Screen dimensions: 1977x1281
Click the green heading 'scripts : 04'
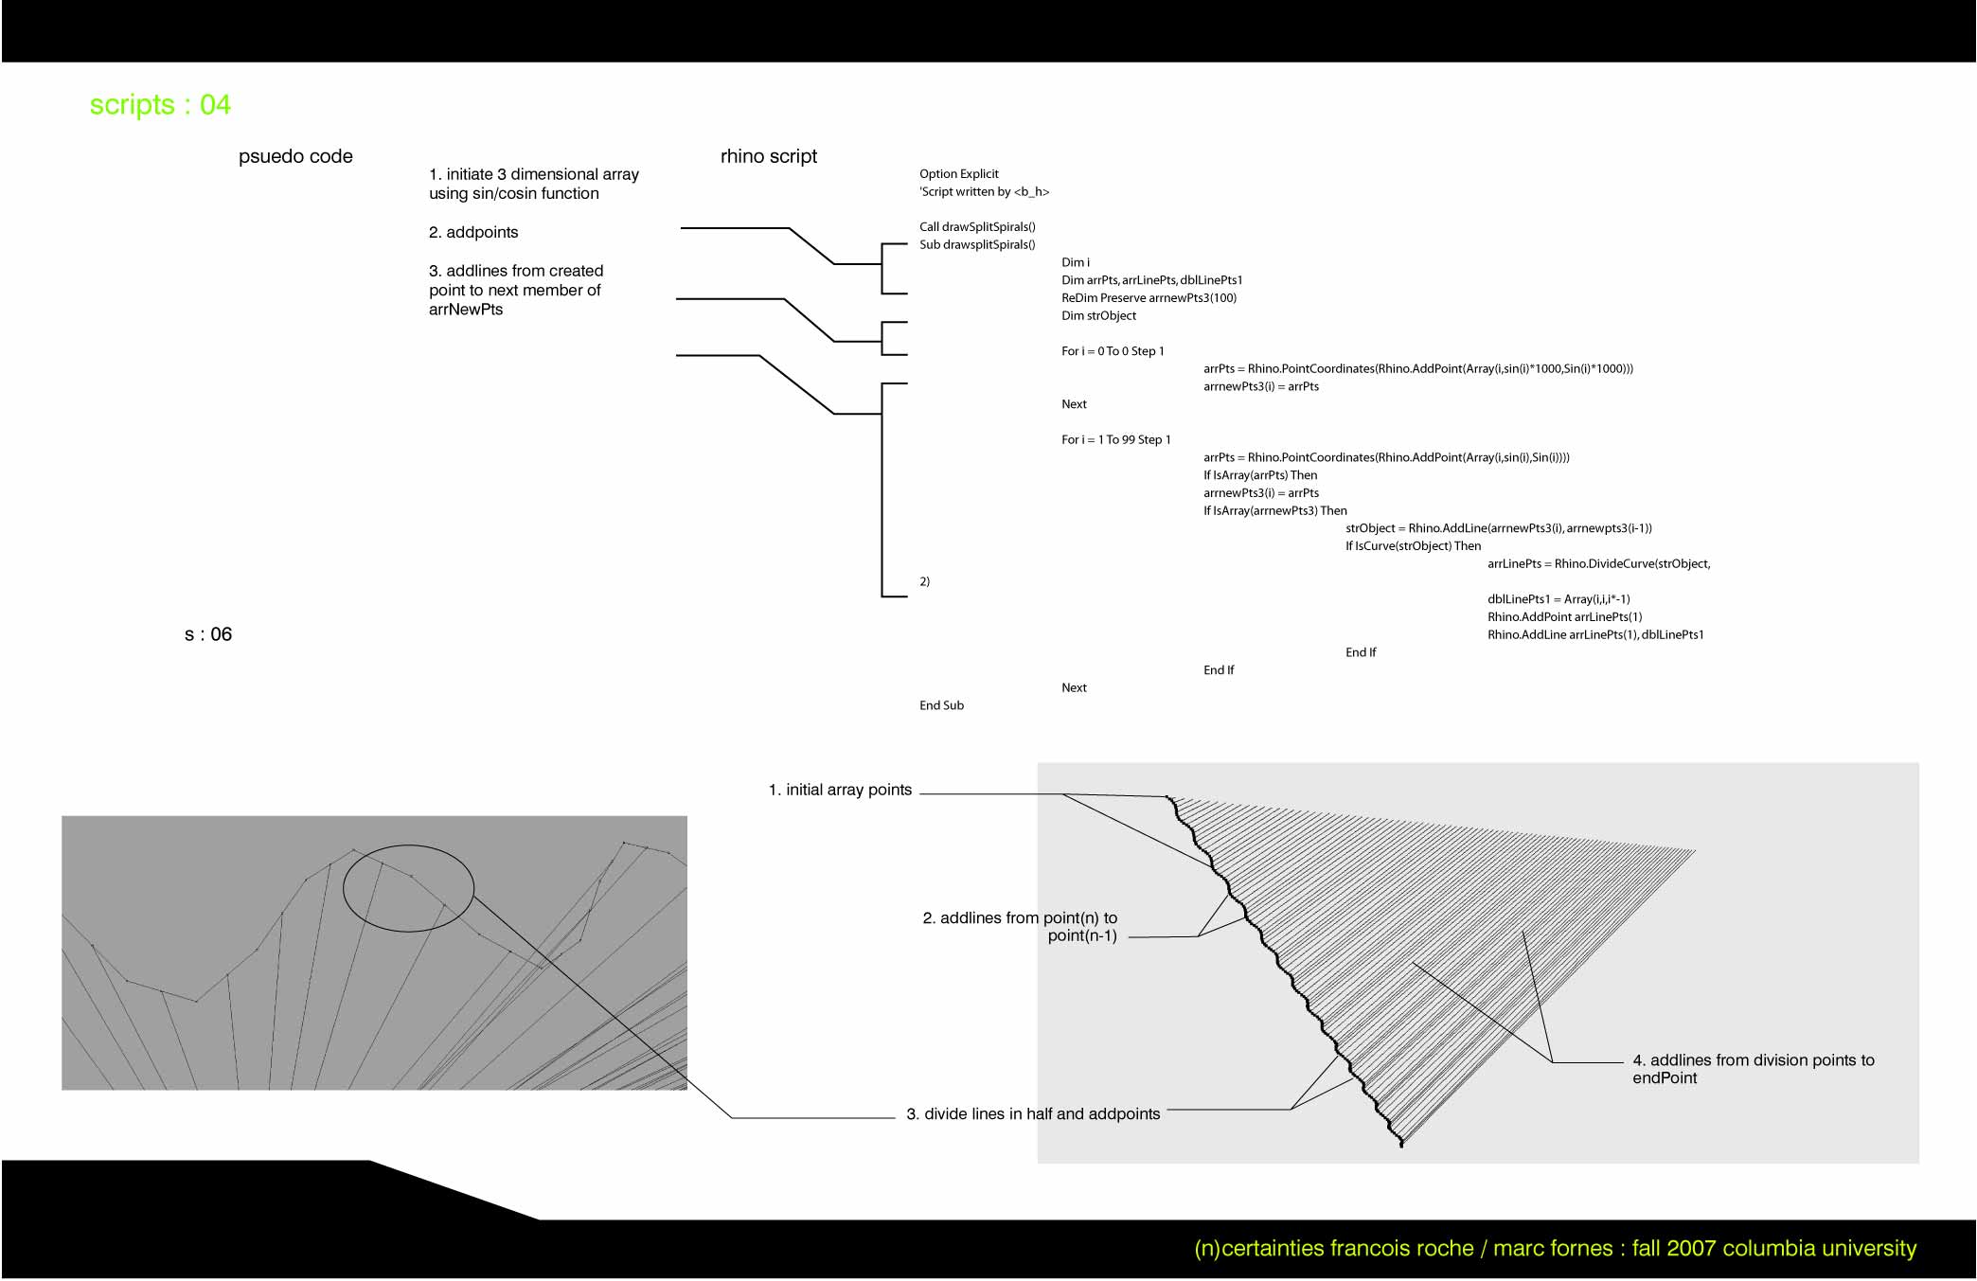pyautogui.click(x=160, y=105)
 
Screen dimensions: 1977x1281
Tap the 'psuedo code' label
pyautogui.click(x=295, y=157)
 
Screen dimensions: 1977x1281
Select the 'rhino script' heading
pyautogui.click(x=769, y=157)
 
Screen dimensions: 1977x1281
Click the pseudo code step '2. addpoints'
pyautogui.click(x=473, y=233)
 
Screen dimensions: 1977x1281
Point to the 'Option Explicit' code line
pyautogui.click(x=959, y=174)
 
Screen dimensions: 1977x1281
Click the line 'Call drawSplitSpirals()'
pyautogui.click(x=977, y=227)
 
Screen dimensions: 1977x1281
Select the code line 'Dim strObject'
pyautogui.click(x=1098, y=316)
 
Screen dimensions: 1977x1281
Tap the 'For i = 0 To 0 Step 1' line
pyautogui.click(x=1113, y=351)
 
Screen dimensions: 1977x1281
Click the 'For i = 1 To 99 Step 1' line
pyautogui.click(x=1116, y=440)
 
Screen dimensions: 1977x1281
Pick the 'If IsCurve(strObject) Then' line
pyautogui.click(x=1414, y=546)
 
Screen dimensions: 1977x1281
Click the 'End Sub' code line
pyautogui.click(x=941, y=706)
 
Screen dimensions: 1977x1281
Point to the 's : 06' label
pyautogui.click(x=208, y=635)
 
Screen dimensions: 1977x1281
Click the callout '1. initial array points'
pyautogui.click(x=840, y=791)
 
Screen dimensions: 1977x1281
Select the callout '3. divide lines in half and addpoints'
pyautogui.click(x=1033, y=1114)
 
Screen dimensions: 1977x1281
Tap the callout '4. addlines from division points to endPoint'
pyautogui.click(x=1754, y=1070)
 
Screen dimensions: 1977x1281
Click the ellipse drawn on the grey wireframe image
pyautogui.click(x=343, y=888)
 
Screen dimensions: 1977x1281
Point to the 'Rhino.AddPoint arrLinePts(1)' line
pyautogui.click(x=1565, y=617)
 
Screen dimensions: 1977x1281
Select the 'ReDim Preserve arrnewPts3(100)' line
pyautogui.click(x=1149, y=298)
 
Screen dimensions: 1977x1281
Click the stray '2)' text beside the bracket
pyautogui.click(x=924, y=582)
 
